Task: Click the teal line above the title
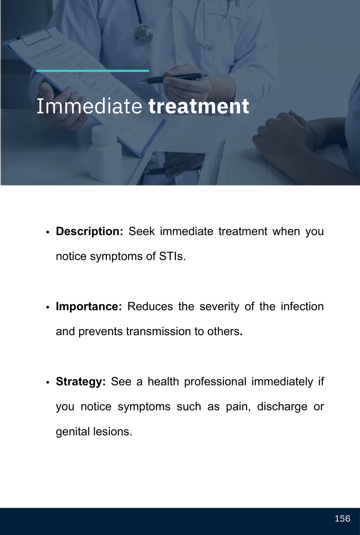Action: [93, 71]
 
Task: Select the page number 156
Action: [342, 518]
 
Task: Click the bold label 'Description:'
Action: [89, 232]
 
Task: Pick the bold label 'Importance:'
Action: [89, 306]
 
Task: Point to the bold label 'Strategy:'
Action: [81, 382]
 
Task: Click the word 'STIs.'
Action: [172, 256]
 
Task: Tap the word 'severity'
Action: [219, 307]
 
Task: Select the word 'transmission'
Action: [159, 332]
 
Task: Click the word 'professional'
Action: [215, 382]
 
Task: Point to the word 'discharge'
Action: [282, 407]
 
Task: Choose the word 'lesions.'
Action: [113, 432]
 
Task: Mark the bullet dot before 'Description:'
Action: [48, 232]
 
